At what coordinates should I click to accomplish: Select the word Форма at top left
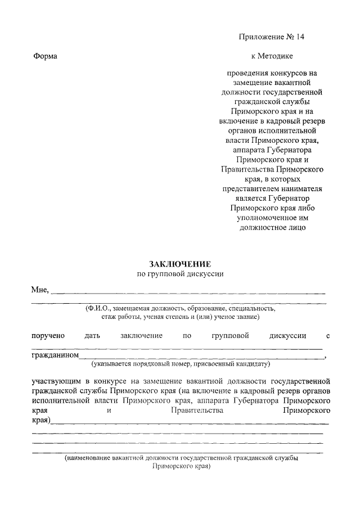click(x=46, y=56)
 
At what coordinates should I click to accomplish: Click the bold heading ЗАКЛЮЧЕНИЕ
click(x=180, y=264)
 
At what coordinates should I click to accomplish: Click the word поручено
click(x=48, y=336)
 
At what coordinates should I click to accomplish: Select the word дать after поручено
click(x=92, y=336)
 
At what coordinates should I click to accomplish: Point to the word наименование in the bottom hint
click(x=88, y=458)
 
